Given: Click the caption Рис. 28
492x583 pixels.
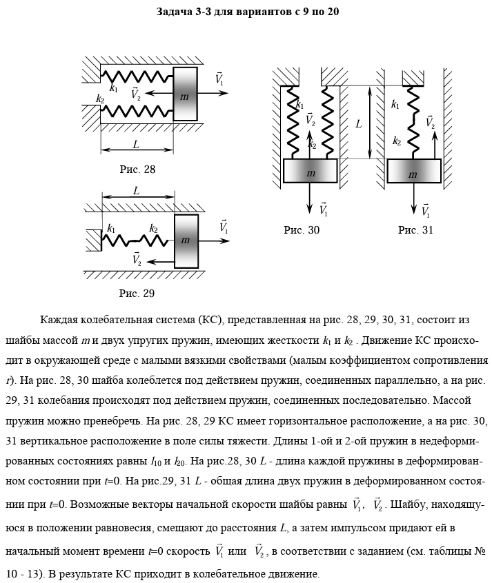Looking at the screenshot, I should (137, 169).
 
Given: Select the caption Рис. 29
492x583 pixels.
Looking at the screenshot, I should (137, 293).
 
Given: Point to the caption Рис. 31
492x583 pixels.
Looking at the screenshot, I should (415, 230).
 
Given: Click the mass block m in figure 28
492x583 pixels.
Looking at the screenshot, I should (184, 96).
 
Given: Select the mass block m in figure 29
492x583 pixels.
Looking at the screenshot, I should (185, 241).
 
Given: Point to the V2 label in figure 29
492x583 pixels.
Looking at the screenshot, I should (137, 259).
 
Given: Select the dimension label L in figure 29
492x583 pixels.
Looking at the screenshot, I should (137, 190).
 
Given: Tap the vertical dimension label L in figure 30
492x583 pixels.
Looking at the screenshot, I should (359, 124).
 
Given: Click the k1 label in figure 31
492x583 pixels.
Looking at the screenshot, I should (395, 105).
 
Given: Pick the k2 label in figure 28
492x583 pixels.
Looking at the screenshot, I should (100, 99).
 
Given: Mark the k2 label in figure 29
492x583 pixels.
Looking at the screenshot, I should (153, 228).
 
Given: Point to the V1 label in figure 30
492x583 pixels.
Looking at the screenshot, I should (323, 207).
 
